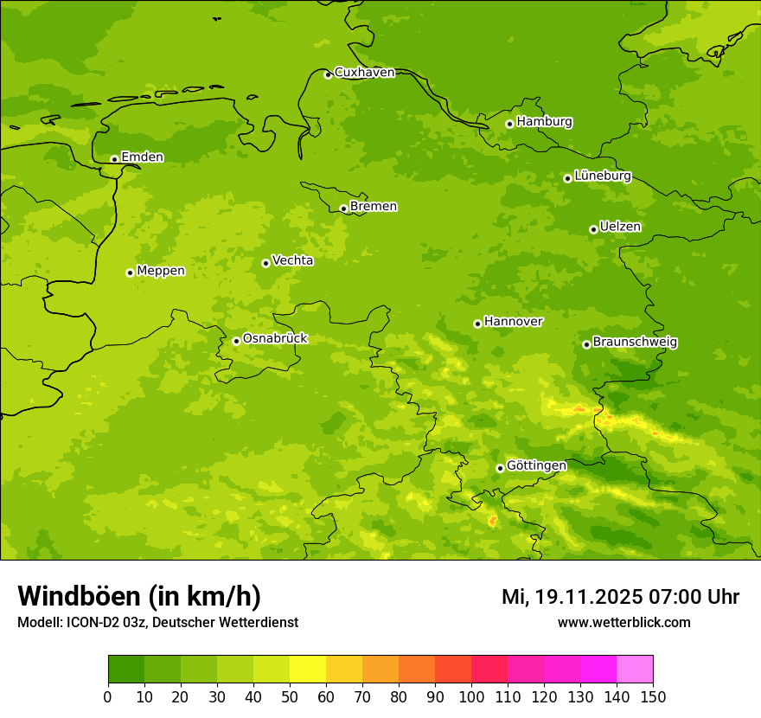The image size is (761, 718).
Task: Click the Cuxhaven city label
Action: [x=364, y=73]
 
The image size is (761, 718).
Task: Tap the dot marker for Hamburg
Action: [x=509, y=124]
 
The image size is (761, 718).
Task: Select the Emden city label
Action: [x=142, y=157]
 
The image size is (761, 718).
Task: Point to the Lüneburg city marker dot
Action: [x=567, y=178]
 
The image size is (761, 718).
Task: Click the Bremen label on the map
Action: [x=373, y=207]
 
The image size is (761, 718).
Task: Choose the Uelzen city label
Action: [x=620, y=228]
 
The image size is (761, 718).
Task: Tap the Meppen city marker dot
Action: [x=130, y=272]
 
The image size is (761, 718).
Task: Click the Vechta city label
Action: [x=292, y=260]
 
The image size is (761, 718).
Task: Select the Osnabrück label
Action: [x=275, y=339]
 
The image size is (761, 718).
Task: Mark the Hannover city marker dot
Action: [x=477, y=324]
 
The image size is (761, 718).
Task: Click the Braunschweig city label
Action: [x=635, y=343]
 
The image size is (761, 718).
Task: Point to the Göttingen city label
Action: [x=536, y=466]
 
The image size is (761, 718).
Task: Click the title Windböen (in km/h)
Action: [x=139, y=596]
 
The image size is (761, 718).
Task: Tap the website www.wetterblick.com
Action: [x=624, y=623]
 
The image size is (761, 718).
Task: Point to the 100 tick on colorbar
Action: [x=471, y=696]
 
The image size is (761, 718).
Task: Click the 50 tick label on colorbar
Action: [x=290, y=696]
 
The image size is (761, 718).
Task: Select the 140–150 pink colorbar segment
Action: [x=635, y=669]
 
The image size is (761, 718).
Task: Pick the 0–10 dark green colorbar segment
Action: [x=126, y=669]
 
